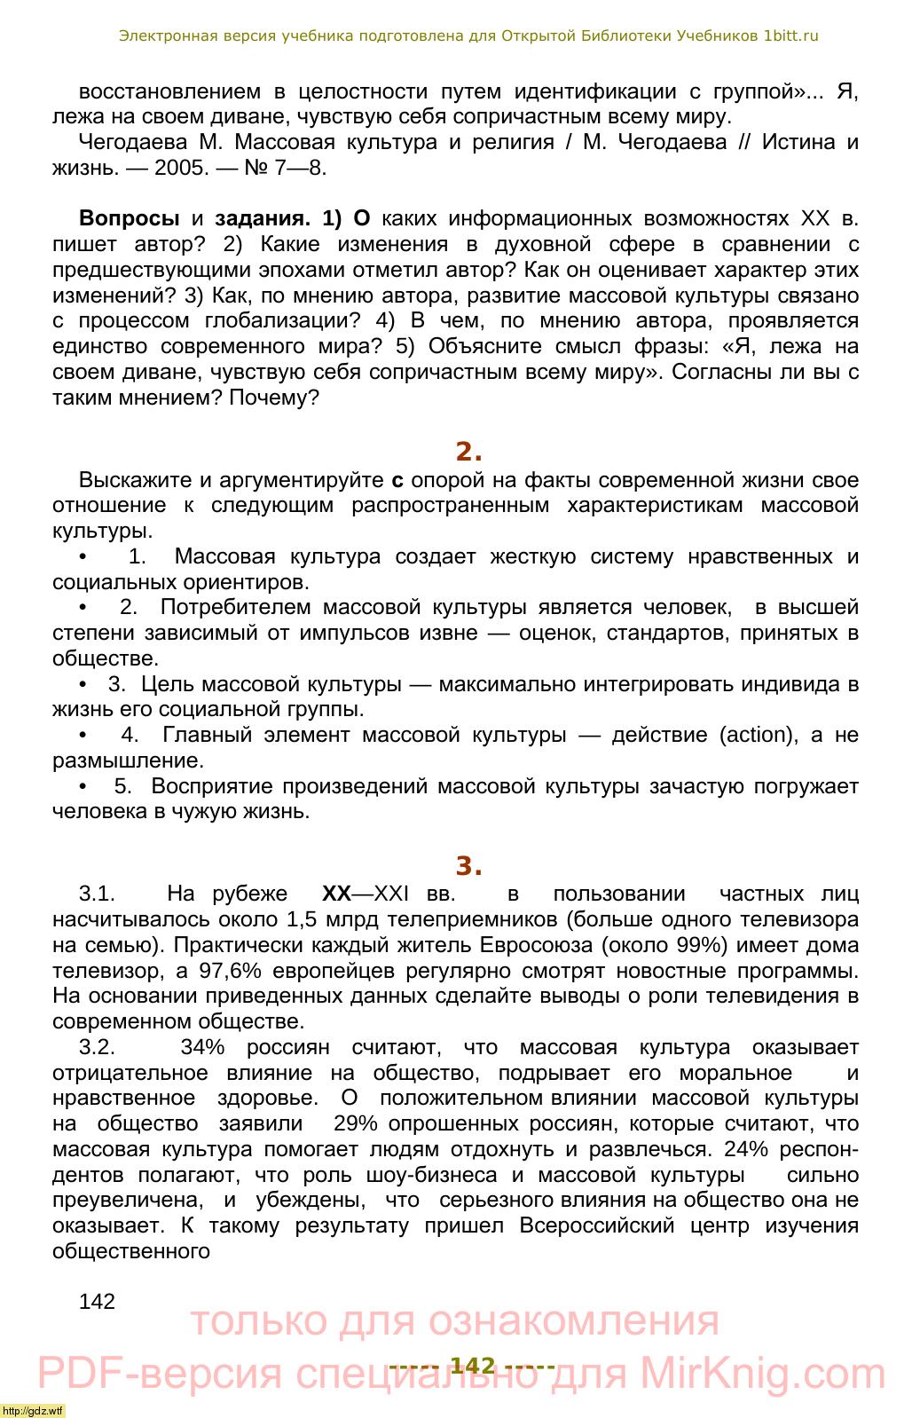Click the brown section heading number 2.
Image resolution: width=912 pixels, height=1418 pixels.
468,452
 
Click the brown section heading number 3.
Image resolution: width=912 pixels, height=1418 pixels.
468,866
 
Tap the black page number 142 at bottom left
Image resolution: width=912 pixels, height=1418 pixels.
97,1301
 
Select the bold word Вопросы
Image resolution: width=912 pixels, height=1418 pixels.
130,218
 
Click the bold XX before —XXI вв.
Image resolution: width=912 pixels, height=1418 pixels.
336,894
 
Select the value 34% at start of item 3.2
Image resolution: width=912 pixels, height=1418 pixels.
202,1047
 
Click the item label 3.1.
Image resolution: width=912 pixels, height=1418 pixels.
98,894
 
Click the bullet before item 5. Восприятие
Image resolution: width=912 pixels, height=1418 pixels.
83,786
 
